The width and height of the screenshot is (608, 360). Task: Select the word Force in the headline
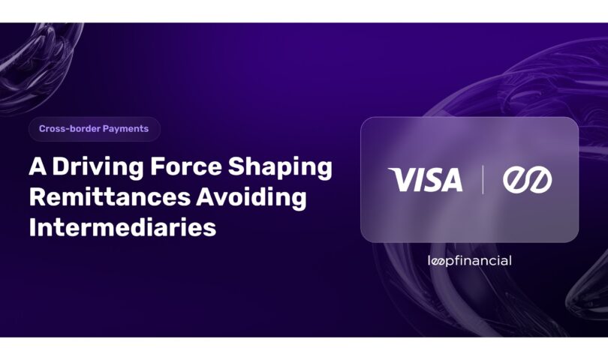click(186, 166)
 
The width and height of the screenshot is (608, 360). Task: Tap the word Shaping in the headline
click(280, 167)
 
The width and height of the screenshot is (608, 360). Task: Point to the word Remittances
click(110, 196)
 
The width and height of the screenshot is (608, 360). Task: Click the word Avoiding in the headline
click(251, 196)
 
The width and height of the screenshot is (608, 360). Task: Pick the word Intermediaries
click(122, 227)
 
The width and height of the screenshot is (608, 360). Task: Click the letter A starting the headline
click(38, 166)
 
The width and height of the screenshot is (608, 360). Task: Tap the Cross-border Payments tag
click(95, 129)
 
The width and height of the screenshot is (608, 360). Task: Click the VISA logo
click(426, 179)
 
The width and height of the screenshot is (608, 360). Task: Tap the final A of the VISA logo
click(450, 180)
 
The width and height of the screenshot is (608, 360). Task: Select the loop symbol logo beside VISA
click(528, 180)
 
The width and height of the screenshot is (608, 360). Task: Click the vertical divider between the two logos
click(483, 179)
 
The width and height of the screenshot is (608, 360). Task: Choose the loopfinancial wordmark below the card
click(470, 261)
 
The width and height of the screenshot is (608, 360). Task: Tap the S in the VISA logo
click(430, 180)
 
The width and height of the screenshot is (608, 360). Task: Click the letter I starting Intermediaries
click(32, 227)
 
